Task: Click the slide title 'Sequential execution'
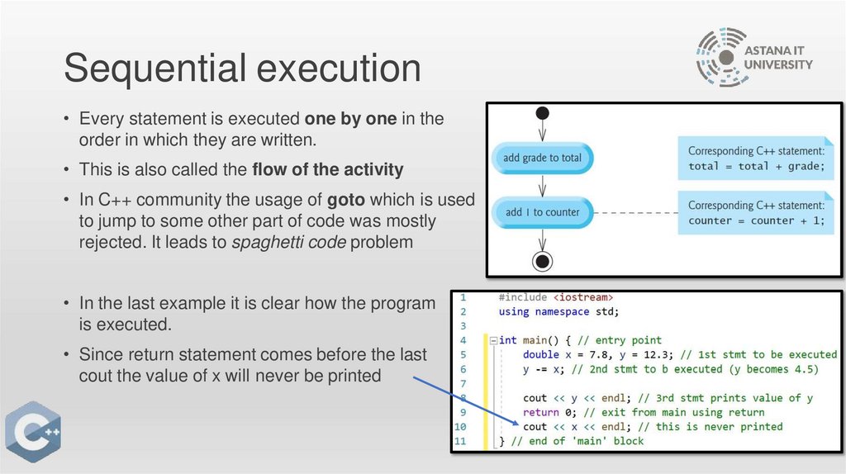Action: (x=242, y=68)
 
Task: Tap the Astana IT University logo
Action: (x=753, y=57)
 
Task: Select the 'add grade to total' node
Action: (x=542, y=158)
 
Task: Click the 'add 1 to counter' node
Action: (x=542, y=212)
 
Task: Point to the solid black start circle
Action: (x=542, y=113)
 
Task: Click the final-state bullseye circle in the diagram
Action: (x=542, y=262)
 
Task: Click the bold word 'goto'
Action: (x=347, y=201)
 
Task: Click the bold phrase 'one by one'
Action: (x=351, y=118)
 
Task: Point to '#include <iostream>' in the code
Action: (x=555, y=297)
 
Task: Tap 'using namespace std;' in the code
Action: (x=558, y=311)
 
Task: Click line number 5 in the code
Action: (x=463, y=354)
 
